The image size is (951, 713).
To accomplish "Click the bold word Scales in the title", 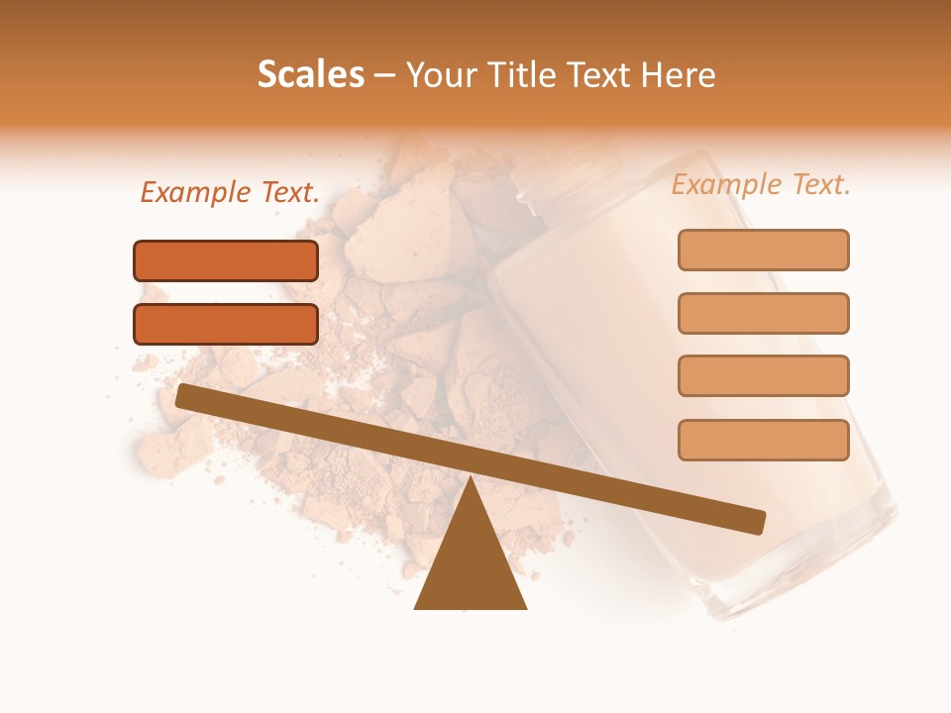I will coord(311,74).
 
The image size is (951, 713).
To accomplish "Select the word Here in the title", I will coord(679,74).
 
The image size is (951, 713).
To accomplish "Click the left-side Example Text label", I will coord(230,193).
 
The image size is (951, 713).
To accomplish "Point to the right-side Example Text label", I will coord(761,184).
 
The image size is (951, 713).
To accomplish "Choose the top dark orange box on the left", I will coord(226,260).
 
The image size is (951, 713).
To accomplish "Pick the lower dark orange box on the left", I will coord(226,324).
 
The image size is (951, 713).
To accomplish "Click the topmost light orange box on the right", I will coord(763,250).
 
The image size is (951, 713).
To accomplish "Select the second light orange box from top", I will coord(763,313).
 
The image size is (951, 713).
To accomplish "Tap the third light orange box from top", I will coord(763,376).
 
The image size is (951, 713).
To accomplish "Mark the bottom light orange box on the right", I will coord(763,440).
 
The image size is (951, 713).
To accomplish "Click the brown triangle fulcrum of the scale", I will coord(470,564).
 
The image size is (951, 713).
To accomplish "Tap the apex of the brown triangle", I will coord(470,480).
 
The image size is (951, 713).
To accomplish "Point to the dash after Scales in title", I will coord(385,74).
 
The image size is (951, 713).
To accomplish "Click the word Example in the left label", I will coord(196,193).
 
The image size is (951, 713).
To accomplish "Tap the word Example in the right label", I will coord(727,184).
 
